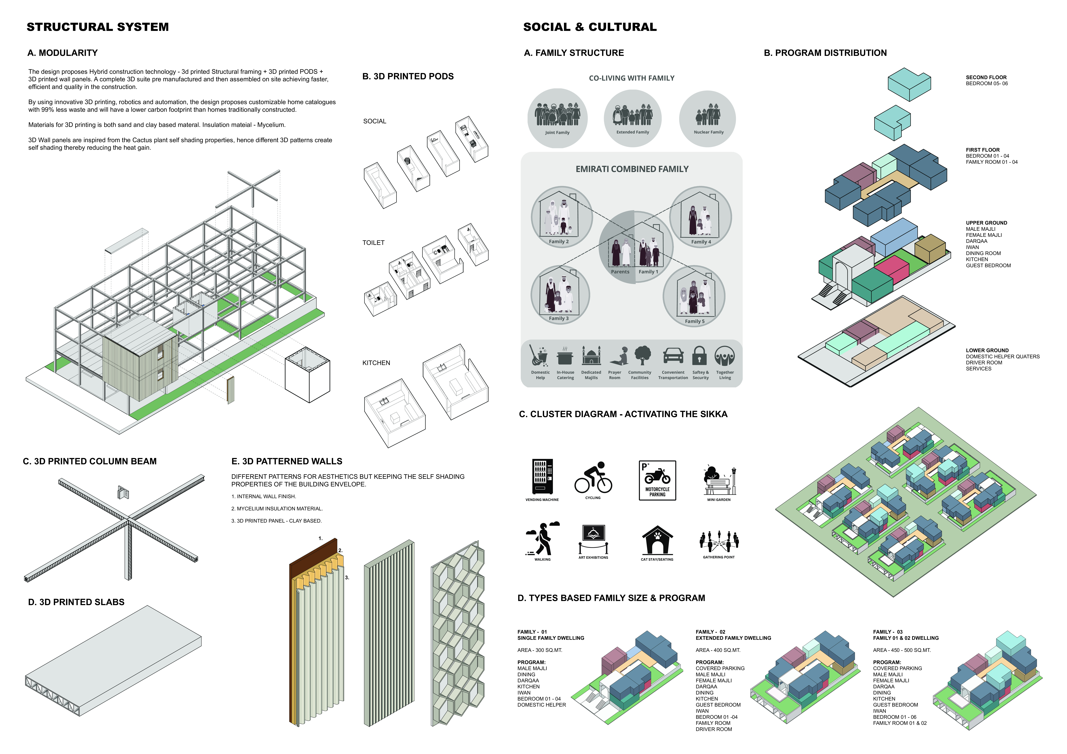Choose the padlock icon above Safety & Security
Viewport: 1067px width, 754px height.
[x=699, y=356]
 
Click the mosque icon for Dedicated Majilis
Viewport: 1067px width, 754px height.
[x=591, y=356]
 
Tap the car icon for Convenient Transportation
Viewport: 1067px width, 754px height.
[x=673, y=356]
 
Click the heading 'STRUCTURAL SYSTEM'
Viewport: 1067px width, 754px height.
[x=98, y=27]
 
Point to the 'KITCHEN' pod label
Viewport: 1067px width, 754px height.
[x=376, y=363]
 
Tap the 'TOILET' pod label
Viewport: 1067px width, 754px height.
[x=373, y=242]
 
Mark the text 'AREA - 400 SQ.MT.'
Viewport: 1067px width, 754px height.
[x=718, y=650]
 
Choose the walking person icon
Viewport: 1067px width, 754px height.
[x=542, y=539]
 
